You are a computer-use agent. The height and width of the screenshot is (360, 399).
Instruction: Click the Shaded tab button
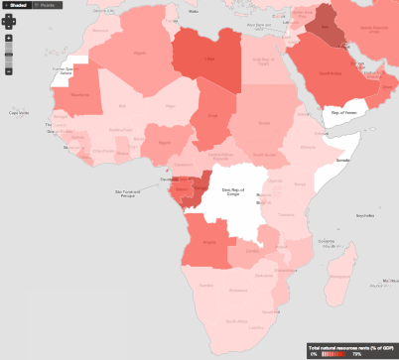17,5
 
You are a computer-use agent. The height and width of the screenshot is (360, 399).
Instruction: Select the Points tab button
47,5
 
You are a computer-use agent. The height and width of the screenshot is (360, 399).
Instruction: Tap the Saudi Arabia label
332,73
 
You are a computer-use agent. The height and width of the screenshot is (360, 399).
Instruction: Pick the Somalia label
343,159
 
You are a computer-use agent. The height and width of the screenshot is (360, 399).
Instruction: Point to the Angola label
207,242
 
